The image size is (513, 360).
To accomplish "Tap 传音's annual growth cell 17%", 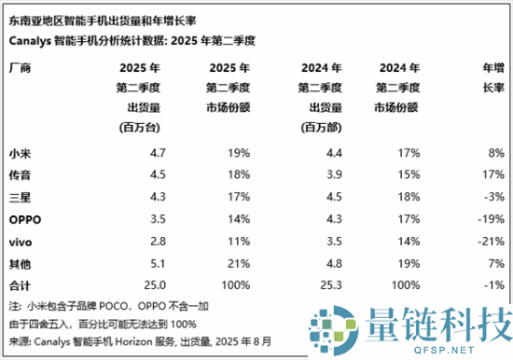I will click(x=493, y=173).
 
